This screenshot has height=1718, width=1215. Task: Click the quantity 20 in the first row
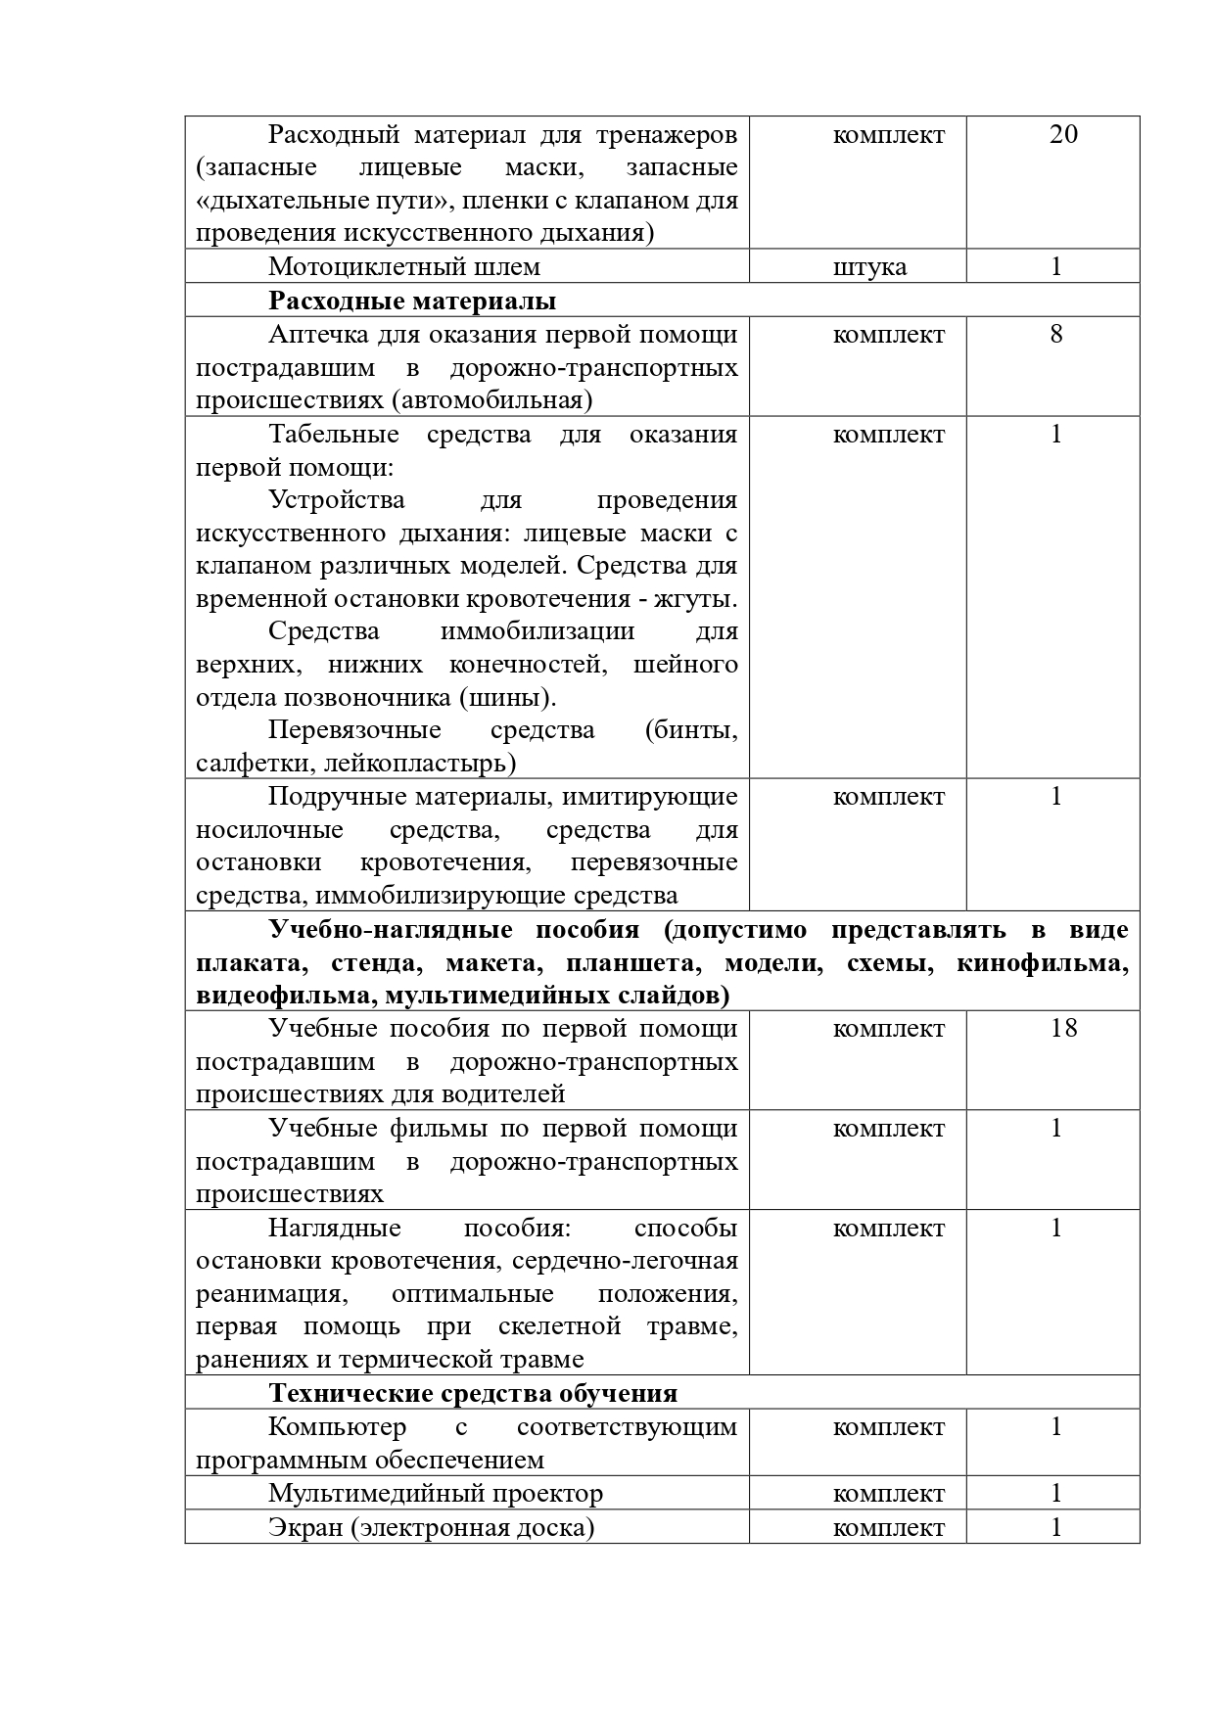click(1062, 134)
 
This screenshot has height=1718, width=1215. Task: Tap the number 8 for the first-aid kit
click(1055, 334)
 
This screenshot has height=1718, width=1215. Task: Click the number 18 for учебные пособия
click(1062, 1028)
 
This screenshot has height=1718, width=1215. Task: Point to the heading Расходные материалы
click(412, 301)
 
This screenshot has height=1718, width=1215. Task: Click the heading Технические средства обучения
click(473, 1393)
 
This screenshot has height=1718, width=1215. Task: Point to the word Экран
click(305, 1527)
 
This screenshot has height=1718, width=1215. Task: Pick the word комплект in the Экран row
click(889, 1528)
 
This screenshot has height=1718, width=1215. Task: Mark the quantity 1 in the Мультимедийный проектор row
click(1055, 1494)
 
